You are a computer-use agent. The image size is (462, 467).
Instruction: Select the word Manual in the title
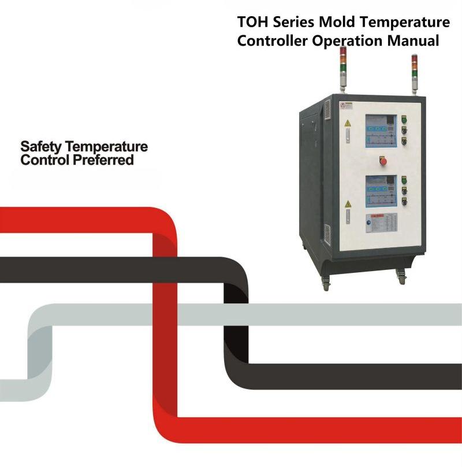point(413,42)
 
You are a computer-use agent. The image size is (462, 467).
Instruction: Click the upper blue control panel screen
point(380,131)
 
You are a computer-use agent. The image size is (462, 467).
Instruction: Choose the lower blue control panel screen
point(380,190)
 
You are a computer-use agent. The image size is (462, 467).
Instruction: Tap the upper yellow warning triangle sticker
point(348,124)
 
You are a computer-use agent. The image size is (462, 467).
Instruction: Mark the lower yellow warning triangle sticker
point(348,205)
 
